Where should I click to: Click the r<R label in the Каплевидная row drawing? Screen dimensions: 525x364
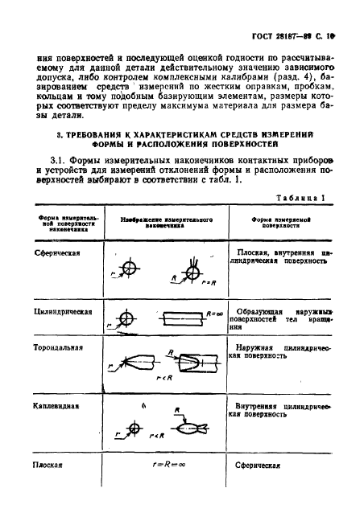point(158,437)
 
